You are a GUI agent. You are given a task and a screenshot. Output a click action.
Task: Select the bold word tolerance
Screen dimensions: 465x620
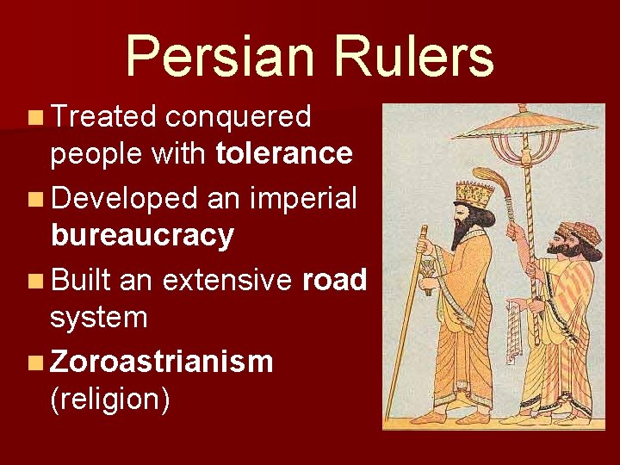(284, 153)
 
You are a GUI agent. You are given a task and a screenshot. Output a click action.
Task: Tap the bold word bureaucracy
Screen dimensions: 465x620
(142, 235)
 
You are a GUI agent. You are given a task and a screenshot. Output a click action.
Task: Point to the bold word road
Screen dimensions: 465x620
(336, 279)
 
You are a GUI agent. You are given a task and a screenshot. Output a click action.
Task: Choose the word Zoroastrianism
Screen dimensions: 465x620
(162, 361)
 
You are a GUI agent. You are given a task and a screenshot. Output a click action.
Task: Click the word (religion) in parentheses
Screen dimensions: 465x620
(110, 400)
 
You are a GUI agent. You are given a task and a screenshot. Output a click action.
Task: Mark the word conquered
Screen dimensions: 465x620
(239, 116)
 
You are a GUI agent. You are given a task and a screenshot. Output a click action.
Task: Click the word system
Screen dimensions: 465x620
(99, 318)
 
